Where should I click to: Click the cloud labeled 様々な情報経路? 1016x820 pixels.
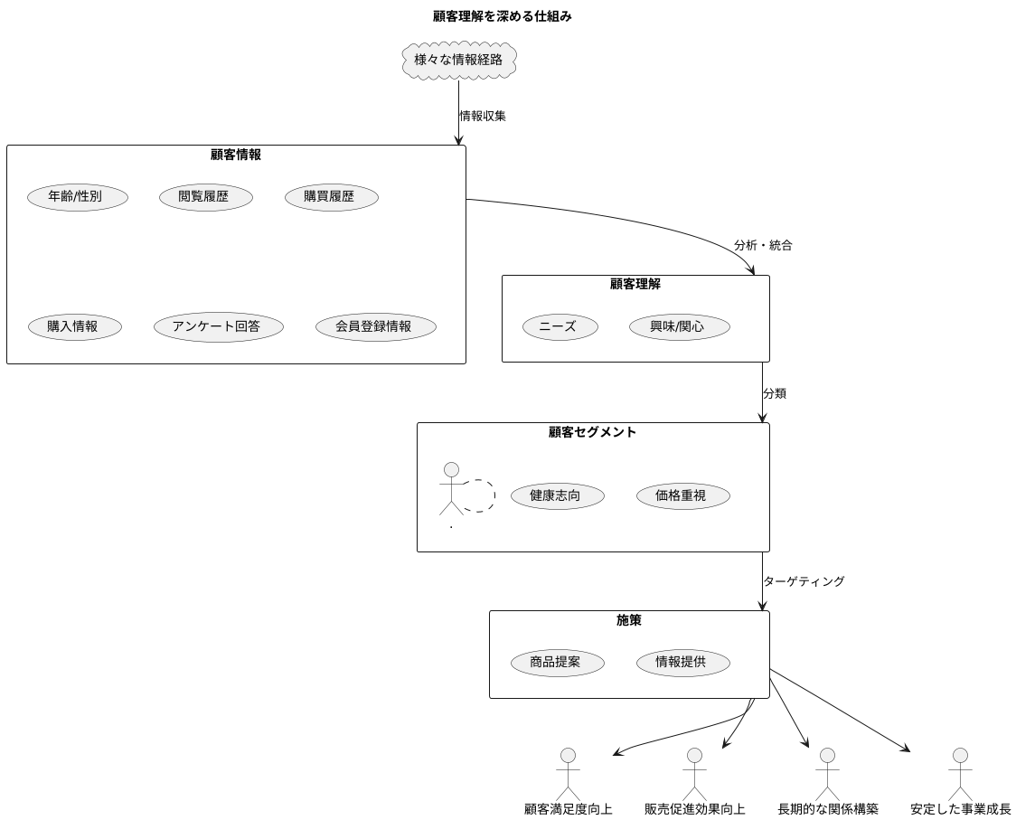pyautogui.click(x=458, y=61)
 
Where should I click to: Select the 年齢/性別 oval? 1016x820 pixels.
pyautogui.click(x=77, y=197)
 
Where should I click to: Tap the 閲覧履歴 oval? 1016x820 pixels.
pyautogui.click(x=205, y=197)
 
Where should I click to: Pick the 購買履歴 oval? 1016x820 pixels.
pyautogui.click(x=331, y=197)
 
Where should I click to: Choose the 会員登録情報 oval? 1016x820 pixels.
pyautogui.click(x=376, y=327)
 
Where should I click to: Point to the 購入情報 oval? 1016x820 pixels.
pyautogui.click(x=74, y=327)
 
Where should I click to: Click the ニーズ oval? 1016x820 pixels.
pyautogui.click(x=560, y=327)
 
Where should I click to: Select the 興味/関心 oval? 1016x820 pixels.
pyautogui.click(x=679, y=327)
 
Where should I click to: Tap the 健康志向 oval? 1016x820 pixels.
pyautogui.click(x=557, y=495)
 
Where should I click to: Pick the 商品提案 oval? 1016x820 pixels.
pyautogui.click(x=557, y=663)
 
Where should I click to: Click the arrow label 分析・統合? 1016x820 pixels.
pyautogui.click(x=763, y=246)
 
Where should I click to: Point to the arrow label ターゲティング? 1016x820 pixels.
pyautogui.click(x=804, y=581)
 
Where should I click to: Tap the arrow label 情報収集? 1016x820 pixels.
pyautogui.click(x=483, y=116)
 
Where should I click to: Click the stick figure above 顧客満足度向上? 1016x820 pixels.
pyautogui.click(x=568, y=772)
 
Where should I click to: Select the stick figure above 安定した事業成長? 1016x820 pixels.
pyautogui.click(x=960, y=772)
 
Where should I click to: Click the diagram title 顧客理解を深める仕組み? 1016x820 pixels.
pyautogui.click(x=502, y=16)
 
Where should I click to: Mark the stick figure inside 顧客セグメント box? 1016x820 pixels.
pyautogui.click(x=451, y=488)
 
